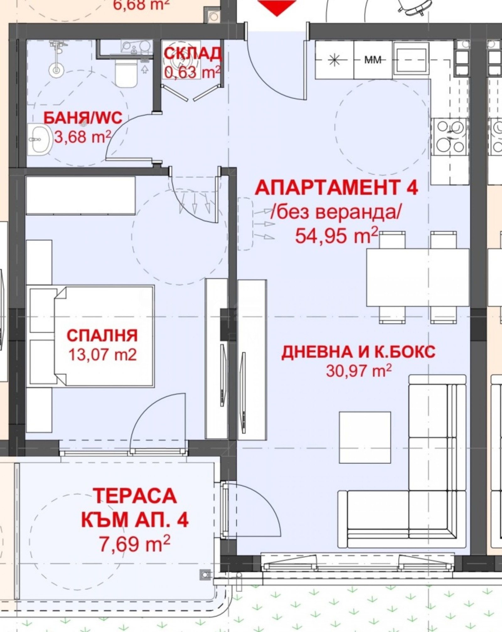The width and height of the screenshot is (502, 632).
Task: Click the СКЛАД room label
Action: pos(192,54)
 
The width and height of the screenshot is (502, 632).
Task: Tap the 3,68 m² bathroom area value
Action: pos(83,137)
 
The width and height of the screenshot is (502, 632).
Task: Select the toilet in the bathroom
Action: pos(126,75)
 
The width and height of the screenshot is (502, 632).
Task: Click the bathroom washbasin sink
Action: pos(40,139)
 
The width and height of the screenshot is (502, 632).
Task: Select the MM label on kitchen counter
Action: pos(373,59)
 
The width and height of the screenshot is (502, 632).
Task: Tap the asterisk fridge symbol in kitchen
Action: pos(334,60)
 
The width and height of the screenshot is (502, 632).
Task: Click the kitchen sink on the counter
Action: pos(411,60)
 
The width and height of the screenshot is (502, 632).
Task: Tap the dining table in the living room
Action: pos(418,277)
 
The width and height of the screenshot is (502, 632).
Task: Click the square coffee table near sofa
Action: pos(365,437)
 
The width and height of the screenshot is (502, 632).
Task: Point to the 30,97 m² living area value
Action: pos(359,371)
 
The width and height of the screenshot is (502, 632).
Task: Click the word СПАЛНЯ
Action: pos(102,336)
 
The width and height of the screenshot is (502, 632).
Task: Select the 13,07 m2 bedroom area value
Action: pos(102,355)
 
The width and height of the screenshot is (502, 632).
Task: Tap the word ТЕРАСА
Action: pos(135,496)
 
